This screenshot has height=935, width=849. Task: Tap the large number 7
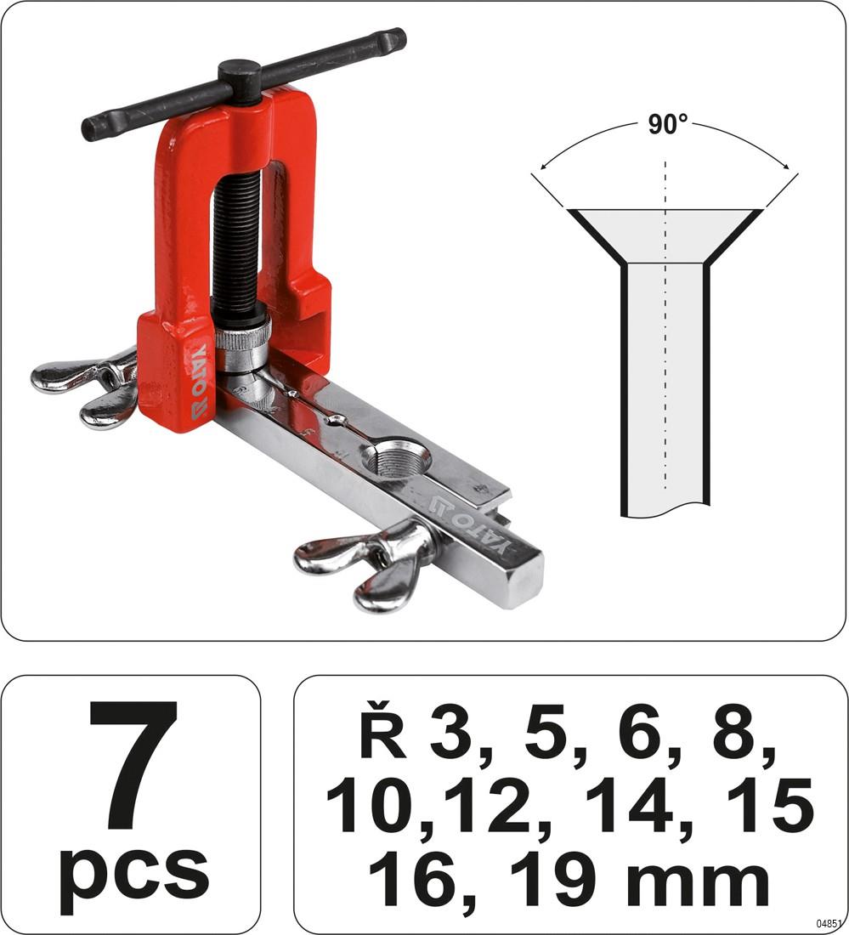click(x=133, y=765)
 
